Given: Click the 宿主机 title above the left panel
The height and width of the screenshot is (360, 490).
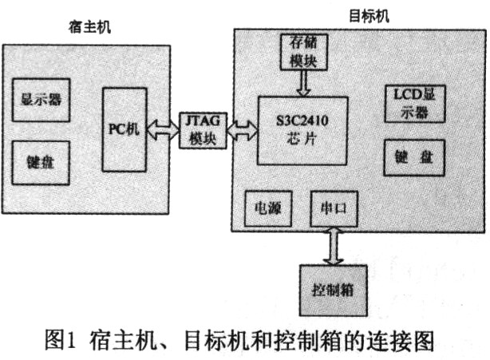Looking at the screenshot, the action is pyautogui.click(x=89, y=27).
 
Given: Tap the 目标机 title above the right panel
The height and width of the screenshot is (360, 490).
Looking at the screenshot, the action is pyautogui.click(x=369, y=16).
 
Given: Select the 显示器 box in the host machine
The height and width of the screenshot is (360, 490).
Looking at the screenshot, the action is pyautogui.click(x=41, y=101).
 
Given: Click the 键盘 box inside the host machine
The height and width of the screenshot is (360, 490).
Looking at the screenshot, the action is pyautogui.click(x=41, y=163).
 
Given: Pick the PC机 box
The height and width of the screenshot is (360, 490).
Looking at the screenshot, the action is pyautogui.click(x=124, y=129).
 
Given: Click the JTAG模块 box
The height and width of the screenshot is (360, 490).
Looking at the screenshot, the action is pyautogui.click(x=203, y=130).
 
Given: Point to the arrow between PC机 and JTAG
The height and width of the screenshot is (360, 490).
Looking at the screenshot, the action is pyautogui.click(x=163, y=129).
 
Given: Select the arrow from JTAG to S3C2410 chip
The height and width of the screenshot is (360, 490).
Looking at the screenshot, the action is pyautogui.click(x=242, y=130).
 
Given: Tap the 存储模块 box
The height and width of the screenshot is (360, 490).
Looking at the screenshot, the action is pyautogui.click(x=303, y=52).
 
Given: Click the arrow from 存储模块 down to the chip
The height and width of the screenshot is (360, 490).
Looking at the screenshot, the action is pyautogui.click(x=303, y=83).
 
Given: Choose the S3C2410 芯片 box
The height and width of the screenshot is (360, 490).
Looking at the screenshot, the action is pyautogui.click(x=302, y=131).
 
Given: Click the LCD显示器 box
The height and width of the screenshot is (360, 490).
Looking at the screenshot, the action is pyautogui.click(x=415, y=104).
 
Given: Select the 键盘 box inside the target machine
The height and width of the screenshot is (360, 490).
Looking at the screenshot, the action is pyautogui.click(x=414, y=157).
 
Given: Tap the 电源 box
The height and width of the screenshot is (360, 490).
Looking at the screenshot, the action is pyautogui.click(x=268, y=208).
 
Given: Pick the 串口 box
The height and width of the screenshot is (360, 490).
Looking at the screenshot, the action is pyautogui.click(x=334, y=208).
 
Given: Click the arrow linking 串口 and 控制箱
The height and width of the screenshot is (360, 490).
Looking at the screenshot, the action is pyautogui.click(x=334, y=246).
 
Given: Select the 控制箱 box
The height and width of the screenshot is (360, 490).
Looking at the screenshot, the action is pyautogui.click(x=333, y=291).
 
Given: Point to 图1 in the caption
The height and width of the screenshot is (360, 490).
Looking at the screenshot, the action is pyautogui.click(x=61, y=340).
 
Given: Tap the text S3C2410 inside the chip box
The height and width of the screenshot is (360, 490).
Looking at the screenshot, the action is pyautogui.click(x=302, y=121).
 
